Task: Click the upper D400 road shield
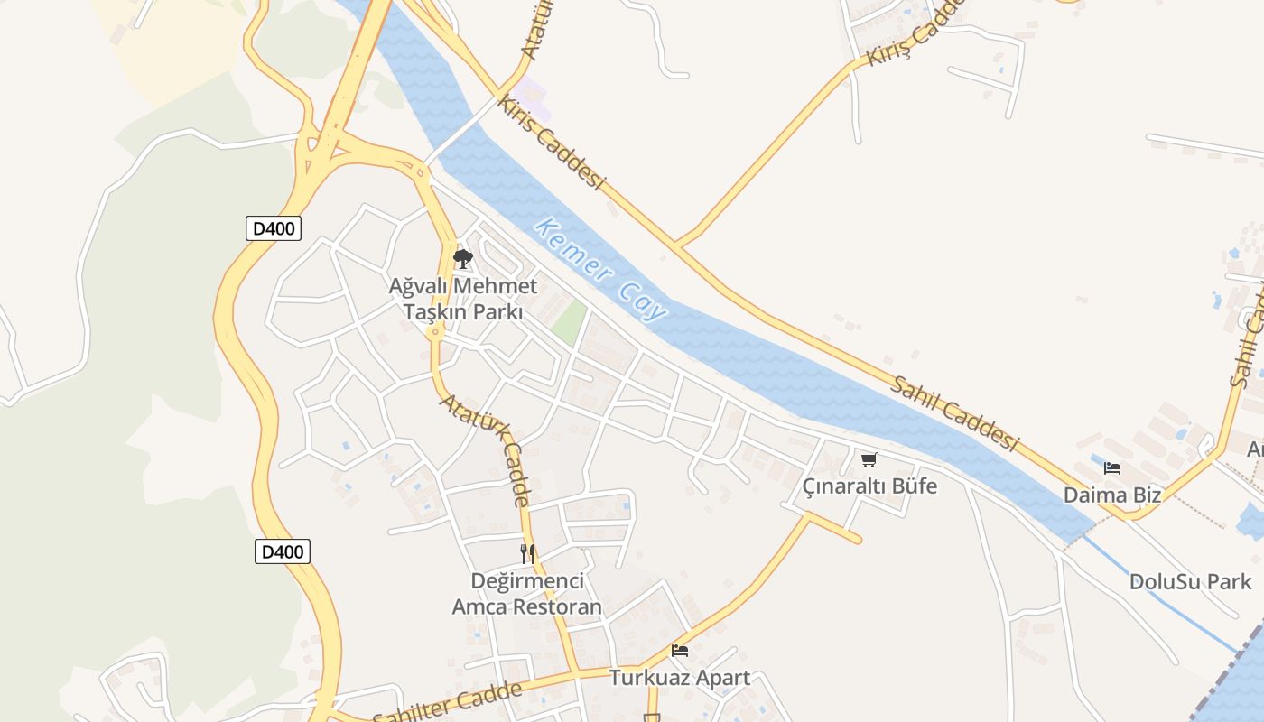pos(273,228)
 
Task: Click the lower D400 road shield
pos(283,551)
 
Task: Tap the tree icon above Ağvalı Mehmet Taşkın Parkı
pos(462,260)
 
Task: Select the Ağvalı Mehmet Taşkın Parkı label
pos(463,299)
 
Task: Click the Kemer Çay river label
pos(600,269)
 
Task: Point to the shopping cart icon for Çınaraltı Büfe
pos(869,460)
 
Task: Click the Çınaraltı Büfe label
pos(869,486)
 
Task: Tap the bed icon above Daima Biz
pos(1111,468)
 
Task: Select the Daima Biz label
pos(1111,495)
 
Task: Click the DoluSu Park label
pos(1191,581)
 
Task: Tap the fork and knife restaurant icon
pos(527,553)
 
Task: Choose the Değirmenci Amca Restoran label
pos(527,593)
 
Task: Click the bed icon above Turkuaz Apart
pos(680,650)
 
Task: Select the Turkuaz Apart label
pos(680,677)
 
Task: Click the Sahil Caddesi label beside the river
pos(954,413)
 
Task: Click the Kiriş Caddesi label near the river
pos(550,143)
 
